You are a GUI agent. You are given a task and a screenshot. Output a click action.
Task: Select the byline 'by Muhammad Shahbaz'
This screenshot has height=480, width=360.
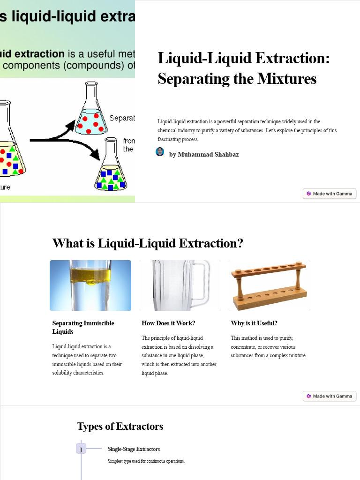tap(204, 154)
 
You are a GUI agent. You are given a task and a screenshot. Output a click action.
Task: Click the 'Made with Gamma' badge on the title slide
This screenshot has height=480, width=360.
tap(330, 194)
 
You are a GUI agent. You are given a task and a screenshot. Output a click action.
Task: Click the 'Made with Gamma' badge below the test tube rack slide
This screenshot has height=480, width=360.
tap(330, 396)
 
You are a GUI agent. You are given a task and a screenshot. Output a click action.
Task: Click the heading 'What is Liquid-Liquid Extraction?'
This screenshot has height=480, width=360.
tap(148, 243)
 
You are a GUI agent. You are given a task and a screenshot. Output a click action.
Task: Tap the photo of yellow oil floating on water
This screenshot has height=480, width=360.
tap(90, 285)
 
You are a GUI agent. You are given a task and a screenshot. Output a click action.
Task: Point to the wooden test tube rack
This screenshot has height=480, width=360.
tap(269, 285)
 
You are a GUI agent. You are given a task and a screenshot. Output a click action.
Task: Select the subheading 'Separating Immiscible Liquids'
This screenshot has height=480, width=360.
tap(83, 327)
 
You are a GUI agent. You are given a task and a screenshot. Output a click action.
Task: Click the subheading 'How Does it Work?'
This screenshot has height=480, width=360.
tap(168, 323)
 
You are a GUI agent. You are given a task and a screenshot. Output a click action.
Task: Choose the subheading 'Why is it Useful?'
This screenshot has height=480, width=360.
tap(254, 323)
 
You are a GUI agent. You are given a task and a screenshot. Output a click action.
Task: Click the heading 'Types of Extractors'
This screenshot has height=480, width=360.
tap(120, 426)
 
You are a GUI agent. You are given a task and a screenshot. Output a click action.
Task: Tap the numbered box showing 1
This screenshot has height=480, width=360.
tap(81, 449)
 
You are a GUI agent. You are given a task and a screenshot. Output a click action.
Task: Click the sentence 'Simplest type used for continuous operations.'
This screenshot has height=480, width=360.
tap(146, 461)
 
